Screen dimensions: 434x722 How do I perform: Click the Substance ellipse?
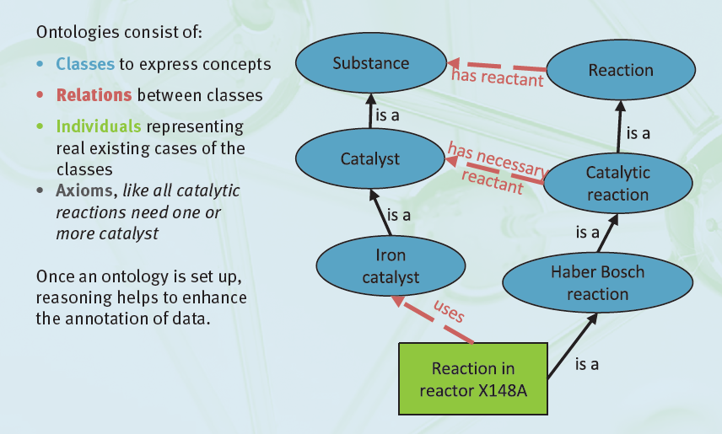click(x=370, y=64)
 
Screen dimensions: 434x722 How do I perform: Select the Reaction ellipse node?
click(x=620, y=71)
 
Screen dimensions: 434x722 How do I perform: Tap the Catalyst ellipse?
click(x=369, y=158)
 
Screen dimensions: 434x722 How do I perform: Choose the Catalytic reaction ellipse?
click(x=617, y=184)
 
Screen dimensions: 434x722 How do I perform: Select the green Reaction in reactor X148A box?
click(x=472, y=379)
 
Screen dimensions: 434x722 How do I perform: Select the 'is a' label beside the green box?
click(x=587, y=364)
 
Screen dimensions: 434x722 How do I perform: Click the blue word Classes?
click(x=85, y=64)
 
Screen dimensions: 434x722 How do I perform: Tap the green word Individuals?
click(x=99, y=127)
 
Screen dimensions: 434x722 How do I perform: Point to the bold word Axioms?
click(x=83, y=190)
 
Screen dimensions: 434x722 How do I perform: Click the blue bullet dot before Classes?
click(x=42, y=65)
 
